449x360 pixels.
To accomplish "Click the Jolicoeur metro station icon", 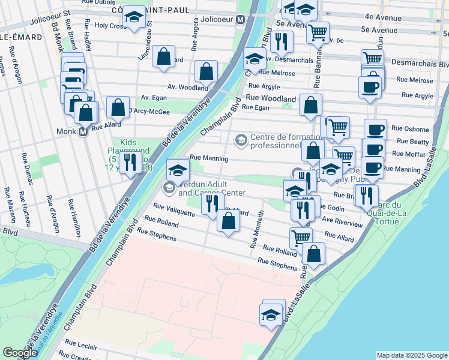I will coord(241,20).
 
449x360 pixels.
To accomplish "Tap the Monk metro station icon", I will coord(83,131).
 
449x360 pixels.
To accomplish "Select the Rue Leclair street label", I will coord(81,346).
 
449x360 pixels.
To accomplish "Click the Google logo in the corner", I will coord(20,353).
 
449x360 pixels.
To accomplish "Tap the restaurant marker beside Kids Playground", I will coord(130,162).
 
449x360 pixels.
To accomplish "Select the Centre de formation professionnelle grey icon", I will coord(241,140).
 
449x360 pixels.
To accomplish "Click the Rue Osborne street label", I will coord(410,128).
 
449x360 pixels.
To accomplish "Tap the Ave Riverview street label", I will coord(342,221).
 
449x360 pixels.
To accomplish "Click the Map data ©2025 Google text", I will coord(412,355).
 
